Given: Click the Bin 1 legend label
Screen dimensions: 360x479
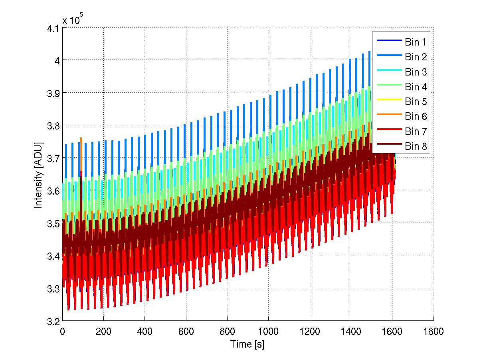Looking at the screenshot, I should click(416, 42).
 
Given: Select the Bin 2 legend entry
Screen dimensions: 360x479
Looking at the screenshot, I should click(416, 57).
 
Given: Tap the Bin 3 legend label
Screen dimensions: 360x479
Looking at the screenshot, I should click(416, 72).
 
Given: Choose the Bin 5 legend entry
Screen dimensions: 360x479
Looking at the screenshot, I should click(416, 101).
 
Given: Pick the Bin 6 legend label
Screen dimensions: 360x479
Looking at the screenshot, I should click(416, 116).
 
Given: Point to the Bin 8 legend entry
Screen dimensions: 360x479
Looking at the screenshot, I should click(416, 147).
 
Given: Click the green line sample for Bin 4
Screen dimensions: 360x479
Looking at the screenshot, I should click(388, 87).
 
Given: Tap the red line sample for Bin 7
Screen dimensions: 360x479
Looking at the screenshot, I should click(388, 131).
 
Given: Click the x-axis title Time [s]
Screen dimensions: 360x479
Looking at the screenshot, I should click(247, 344).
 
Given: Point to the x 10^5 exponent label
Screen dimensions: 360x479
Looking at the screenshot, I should click(72, 20).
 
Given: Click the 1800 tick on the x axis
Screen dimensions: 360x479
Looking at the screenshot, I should click(433, 331).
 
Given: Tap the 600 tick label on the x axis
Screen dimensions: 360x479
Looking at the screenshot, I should click(186, 331).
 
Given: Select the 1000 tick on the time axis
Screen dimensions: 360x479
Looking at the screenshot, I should click(268, 331).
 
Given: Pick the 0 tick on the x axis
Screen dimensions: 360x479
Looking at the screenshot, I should click(62, 331).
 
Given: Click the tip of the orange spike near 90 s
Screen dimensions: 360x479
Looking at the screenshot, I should click(81, 138).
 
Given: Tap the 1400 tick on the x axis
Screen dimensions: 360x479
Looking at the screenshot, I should click(351, 331).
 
